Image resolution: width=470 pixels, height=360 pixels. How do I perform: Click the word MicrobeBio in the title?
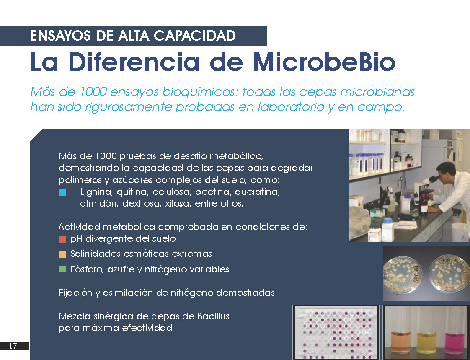click(324, 62)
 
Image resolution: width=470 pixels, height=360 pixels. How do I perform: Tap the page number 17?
click(13, 346)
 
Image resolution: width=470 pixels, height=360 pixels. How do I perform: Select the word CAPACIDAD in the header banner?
click(194, 36)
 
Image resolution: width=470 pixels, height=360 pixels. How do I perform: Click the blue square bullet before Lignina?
click(63, 193)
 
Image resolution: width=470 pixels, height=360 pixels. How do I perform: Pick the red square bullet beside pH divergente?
click(63, 239)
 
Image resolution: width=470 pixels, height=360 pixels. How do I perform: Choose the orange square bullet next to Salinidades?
click(63, 254)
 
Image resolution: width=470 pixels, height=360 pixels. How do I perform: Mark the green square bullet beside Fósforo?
click(63, 269)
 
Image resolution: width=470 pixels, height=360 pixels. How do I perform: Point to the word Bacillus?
click(213, 316)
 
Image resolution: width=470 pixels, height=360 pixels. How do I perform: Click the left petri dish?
click(402, 274)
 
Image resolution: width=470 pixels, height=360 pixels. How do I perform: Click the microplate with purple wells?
click(336, 332)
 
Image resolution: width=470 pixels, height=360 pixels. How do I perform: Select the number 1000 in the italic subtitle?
click(93, 92)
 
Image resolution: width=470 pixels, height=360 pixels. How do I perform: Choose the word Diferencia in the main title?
click(134, 62)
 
